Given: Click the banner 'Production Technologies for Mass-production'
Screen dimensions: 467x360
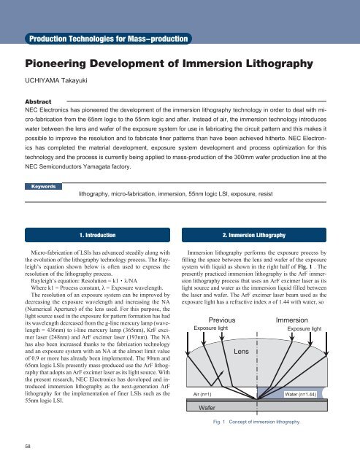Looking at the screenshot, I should [108, 37].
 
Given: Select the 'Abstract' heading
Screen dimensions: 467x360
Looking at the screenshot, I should [42, 103].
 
